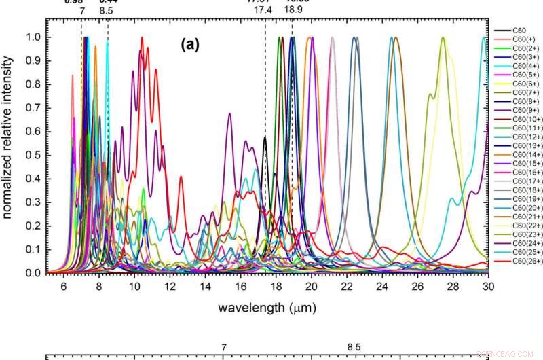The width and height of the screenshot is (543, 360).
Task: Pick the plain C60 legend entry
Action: (x=514, y=31)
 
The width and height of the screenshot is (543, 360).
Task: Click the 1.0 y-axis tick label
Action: (x=32, y=37)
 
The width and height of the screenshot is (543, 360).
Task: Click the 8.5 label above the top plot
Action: (x=106, y=10)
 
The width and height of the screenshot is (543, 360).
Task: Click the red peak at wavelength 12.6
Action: (x=181, y=177)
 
